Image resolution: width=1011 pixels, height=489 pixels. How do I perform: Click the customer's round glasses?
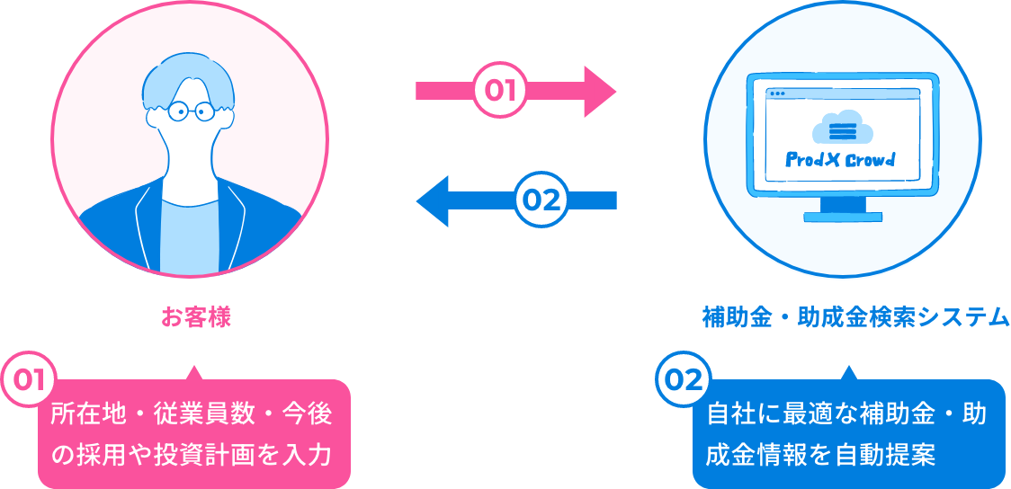[191, 111]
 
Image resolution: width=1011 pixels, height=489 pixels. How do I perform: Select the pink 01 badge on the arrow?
[499, 91]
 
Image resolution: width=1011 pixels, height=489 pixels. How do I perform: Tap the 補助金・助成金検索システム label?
[855, 317]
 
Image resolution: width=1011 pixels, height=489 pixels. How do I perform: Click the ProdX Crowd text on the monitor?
[840, 160]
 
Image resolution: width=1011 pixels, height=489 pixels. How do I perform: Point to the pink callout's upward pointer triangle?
[192, 373]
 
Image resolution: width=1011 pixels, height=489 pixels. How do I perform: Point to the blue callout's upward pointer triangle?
[845, 373]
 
